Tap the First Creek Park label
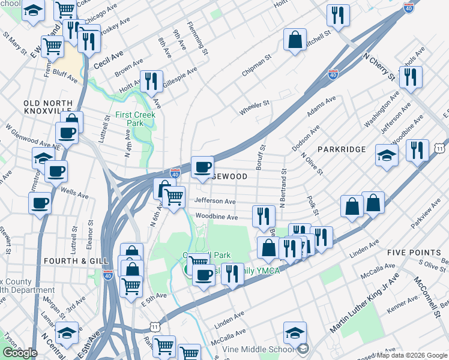136,119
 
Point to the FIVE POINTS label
414,252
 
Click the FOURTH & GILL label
76,261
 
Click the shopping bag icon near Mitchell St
295,41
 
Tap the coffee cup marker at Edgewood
203,167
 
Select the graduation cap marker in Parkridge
387,155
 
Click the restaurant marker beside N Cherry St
411,77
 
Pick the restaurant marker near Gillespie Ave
151,82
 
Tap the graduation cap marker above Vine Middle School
295,332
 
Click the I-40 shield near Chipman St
333,74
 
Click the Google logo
20,353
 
